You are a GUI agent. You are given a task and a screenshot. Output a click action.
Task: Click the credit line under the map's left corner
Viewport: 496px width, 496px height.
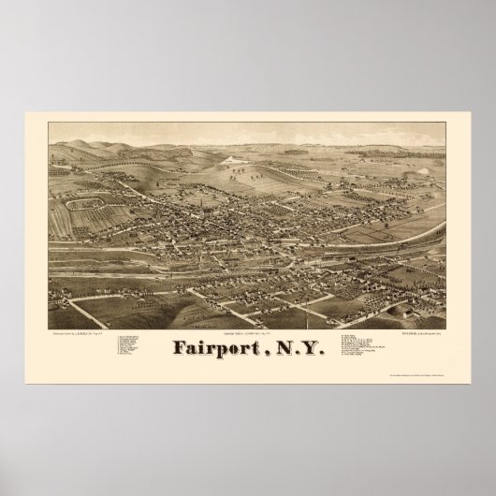click(x=94, y=334)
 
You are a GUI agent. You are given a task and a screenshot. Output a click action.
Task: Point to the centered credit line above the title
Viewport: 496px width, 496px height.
click(x=249, y=335)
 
